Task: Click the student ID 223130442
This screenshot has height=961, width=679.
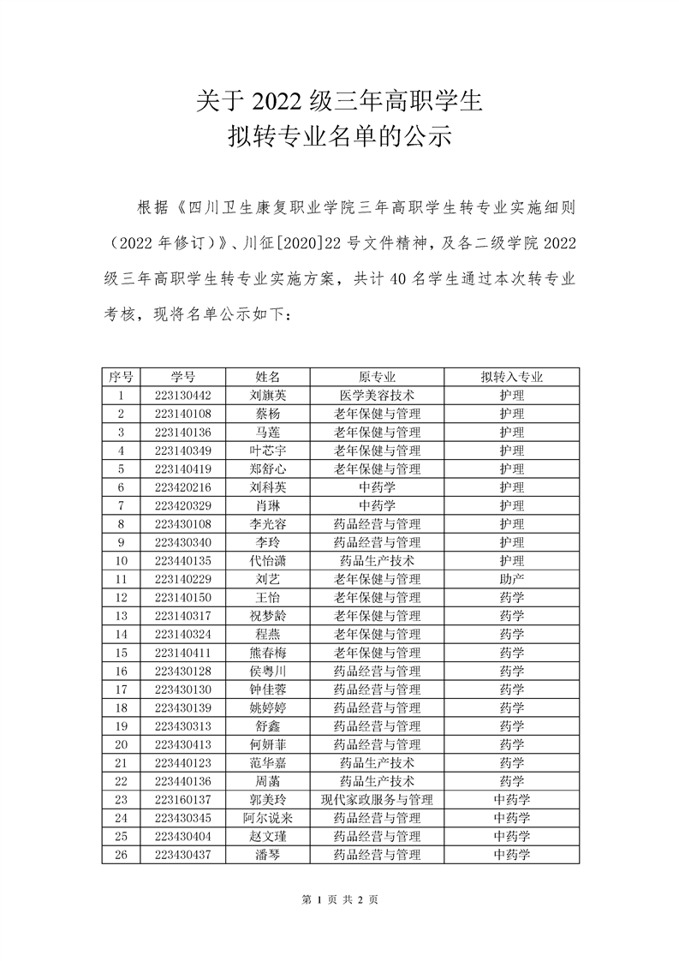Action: (182, 396)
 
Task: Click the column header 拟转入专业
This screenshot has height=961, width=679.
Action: (511, 377)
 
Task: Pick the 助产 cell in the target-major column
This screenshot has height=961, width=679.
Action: (511, 579)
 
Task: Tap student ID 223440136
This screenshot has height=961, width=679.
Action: (182, 781)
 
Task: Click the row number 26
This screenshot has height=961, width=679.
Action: (121, 855)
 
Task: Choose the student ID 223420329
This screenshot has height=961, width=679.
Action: (182, 505)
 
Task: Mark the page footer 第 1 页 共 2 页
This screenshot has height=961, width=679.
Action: (340, 899)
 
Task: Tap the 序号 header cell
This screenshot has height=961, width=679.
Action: (121, 377)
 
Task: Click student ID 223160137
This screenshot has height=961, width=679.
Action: (182, 800)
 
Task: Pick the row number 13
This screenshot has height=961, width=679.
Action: (121, 616)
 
